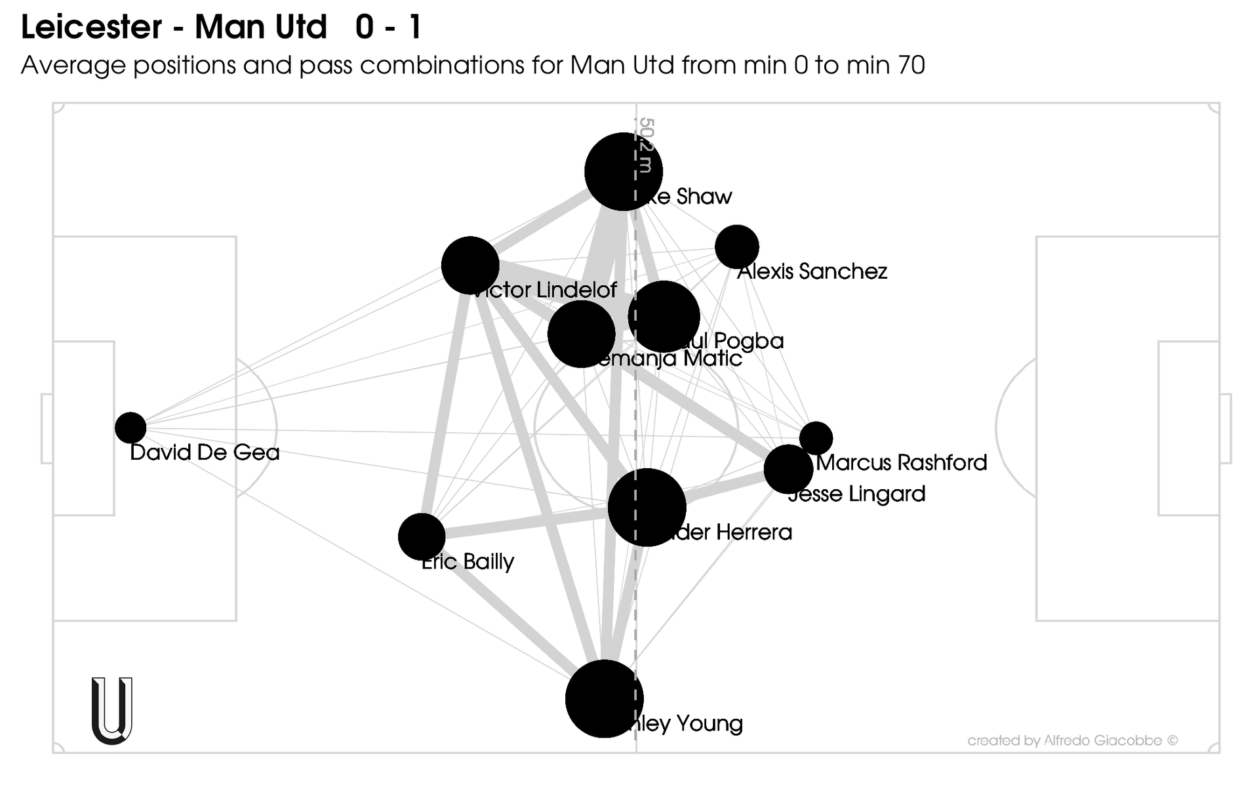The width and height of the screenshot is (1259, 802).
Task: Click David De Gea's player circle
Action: tap(130, 428)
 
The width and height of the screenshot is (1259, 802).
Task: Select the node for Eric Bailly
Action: tap(422, 536)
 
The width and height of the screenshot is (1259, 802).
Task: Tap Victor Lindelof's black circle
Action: tap(470, 266)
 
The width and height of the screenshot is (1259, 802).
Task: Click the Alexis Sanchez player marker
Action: tap(737, 247)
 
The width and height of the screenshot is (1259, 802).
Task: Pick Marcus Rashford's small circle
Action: tap(816, 437)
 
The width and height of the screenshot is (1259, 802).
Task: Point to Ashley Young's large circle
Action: tap(604, 698)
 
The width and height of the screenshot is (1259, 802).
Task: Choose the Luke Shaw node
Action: tap(623, 172)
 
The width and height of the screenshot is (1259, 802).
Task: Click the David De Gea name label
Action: tap(205, 452)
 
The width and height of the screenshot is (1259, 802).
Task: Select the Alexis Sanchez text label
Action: tap(812, 271)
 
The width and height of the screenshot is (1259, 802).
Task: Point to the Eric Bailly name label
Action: tap(468, 562)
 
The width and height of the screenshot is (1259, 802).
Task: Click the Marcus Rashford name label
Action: tap(902, 463)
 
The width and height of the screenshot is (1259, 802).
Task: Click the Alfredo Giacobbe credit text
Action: tap(1072, 740)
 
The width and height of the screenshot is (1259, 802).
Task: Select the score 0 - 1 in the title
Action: tap(389, 28)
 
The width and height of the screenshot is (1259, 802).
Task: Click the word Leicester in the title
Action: tap(91, 28)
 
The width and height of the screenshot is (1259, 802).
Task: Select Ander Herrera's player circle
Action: tap(647, 507)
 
